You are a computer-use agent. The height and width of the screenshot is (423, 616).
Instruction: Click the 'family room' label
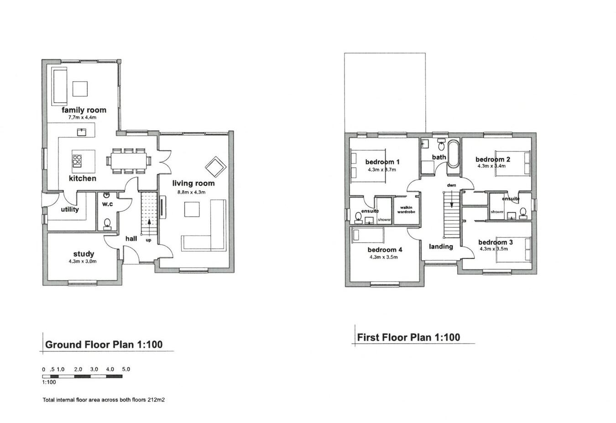(84, 110)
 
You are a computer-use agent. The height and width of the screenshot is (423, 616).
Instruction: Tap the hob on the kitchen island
(77, 161)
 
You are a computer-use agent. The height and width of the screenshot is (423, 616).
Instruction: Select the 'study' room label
(84, 254)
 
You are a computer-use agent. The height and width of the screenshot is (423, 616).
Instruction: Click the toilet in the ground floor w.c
(108, 223)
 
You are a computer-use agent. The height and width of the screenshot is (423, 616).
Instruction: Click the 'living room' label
(193, 183)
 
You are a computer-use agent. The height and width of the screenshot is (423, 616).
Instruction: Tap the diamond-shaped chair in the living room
(215, 167)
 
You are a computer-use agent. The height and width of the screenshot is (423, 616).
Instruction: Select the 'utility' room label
(70, 209)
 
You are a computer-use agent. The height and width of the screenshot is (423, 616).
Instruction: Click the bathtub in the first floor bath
(453, 155)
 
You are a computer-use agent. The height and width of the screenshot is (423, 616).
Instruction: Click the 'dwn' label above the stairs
(451, 185)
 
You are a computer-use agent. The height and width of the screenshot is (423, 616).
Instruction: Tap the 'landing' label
(441, 246)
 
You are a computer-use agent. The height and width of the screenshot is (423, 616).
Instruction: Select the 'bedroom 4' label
(385, 250)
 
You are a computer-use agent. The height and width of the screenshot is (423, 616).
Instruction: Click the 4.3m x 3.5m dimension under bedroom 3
(496, 249)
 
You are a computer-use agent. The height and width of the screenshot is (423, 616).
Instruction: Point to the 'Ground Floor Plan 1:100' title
(104, 345)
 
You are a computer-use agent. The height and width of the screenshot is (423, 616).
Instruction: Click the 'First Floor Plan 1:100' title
(408, 338)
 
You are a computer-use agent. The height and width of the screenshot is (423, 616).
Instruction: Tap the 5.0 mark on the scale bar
(125, 369)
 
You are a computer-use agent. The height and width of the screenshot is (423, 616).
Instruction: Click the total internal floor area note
(104, 400)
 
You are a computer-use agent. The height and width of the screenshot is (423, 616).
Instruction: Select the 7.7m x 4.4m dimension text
(82, 118)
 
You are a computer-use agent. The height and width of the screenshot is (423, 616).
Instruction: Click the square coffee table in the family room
(80, 89)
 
